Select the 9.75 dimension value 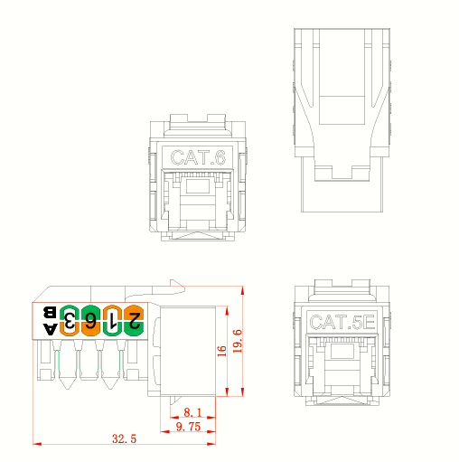(x=188, y=426)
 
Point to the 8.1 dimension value (x=189, y=410)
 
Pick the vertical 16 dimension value (x=221, y=351)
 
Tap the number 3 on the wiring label (x=69, y=319)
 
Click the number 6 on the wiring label (x=90, y=319)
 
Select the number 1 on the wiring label (x=111, y=319)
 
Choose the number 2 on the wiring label (x=133, y=319)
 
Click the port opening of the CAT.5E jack (x=341, y=362)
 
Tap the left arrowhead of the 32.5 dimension (x=35, y=444)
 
